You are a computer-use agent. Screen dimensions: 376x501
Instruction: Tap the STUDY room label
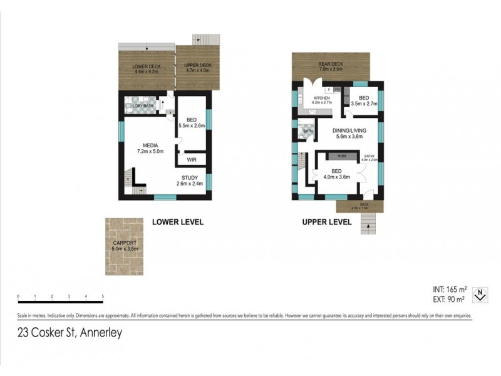(189, 178)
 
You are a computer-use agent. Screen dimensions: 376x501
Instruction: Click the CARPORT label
(125, 243)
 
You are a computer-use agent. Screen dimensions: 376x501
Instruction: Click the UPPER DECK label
(198, 66)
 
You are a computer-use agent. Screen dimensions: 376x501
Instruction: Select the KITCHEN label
(322, 98)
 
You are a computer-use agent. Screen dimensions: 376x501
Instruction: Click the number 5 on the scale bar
(103, 296)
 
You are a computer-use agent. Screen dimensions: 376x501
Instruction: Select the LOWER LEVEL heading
(178, 222)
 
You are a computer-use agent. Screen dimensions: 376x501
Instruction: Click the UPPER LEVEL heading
(328, 222)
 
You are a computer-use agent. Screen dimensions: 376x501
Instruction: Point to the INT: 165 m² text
(450, 290)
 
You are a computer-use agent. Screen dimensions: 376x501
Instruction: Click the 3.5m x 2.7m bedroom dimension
(363, 104)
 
